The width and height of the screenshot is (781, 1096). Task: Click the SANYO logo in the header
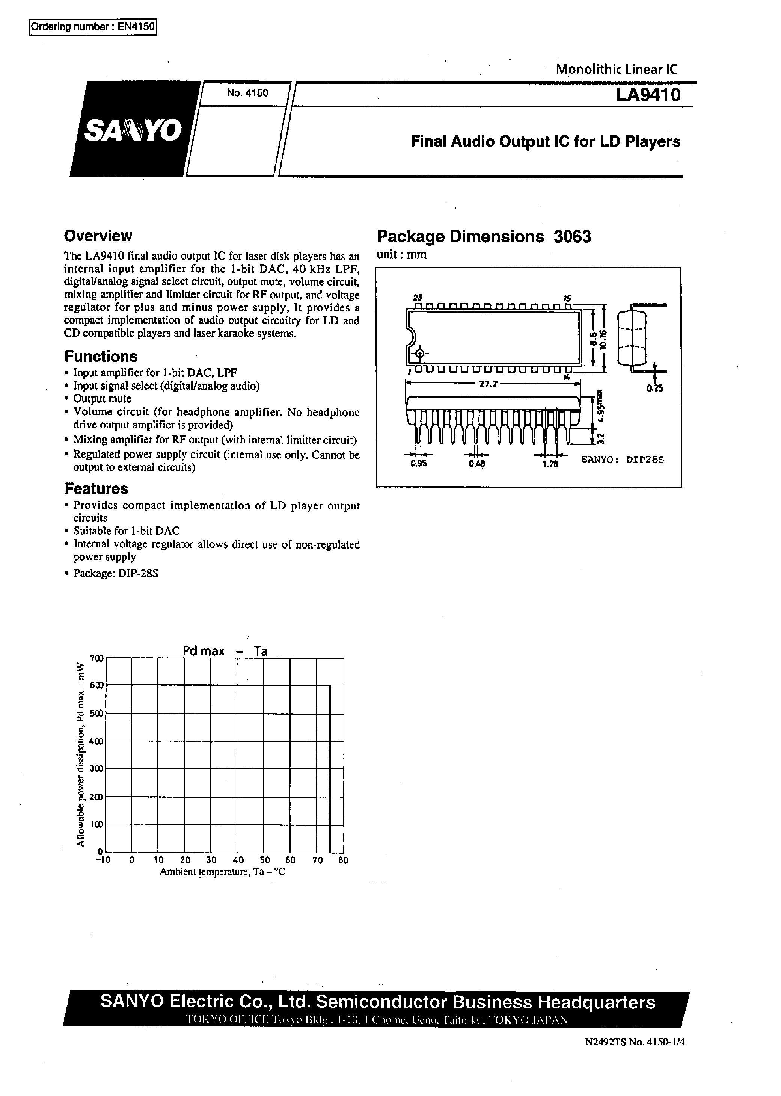133,129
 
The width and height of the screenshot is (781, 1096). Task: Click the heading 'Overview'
98,236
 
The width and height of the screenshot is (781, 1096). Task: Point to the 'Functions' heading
101,357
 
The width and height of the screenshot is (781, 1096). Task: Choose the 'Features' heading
96,489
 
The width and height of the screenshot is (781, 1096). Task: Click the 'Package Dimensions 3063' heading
483,237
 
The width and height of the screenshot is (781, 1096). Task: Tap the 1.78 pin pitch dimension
550,464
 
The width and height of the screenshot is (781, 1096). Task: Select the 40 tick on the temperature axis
238,860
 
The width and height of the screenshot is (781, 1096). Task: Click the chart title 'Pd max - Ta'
225,651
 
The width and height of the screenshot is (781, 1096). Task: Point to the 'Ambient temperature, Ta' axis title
222,872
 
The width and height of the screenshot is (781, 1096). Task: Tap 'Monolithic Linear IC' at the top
617,69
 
